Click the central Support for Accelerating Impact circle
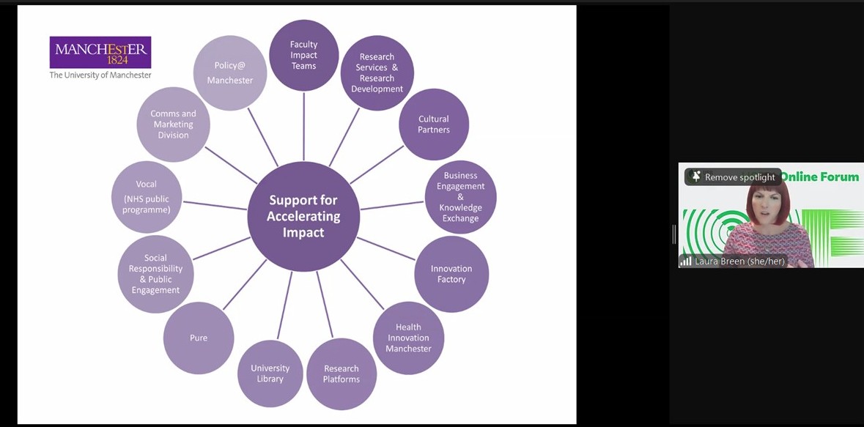[303, 216]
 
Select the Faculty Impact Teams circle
[303, 56]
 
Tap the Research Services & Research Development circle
[377, 73]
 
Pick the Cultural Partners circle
[434, 125]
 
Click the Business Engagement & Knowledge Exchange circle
[460, 197]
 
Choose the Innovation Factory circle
[451, 274]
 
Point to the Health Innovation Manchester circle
[408, 338]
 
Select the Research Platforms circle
[341, 374]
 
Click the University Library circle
[270, 374]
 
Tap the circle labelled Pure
[199, 338]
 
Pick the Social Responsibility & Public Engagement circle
[155, 274]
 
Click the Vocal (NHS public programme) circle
[147, 197]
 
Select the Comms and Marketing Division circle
[173, 125]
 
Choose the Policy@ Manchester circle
[229, 73]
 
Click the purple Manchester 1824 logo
[100, 53]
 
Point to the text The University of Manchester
[100, 75]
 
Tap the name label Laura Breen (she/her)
[739, 261]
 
